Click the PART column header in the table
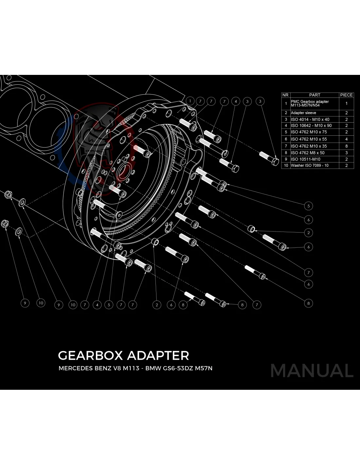tap(314, 95)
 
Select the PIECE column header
tap(346, 95)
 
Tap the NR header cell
tap(285, 95)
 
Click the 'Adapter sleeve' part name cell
tap(303, 113)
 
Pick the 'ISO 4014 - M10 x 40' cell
tap(310, 119)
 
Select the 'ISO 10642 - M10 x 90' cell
tap(311, 126)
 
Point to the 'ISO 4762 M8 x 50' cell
tap(308, 153)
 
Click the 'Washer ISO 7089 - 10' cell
tap(309, 165)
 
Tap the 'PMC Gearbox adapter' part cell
tap(310, 103)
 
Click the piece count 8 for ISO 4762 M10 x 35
tap(346, 146)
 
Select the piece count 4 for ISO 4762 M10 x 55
tap(346, 139)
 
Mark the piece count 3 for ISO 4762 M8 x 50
tap(346, 153)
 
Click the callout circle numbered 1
tap(190, 101)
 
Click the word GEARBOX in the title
tap(90, 355)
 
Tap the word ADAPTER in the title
tap(158, 355)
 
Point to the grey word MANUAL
tap(312, 371)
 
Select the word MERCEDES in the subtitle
tap(75, 368)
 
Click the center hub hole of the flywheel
tap(124, 171)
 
